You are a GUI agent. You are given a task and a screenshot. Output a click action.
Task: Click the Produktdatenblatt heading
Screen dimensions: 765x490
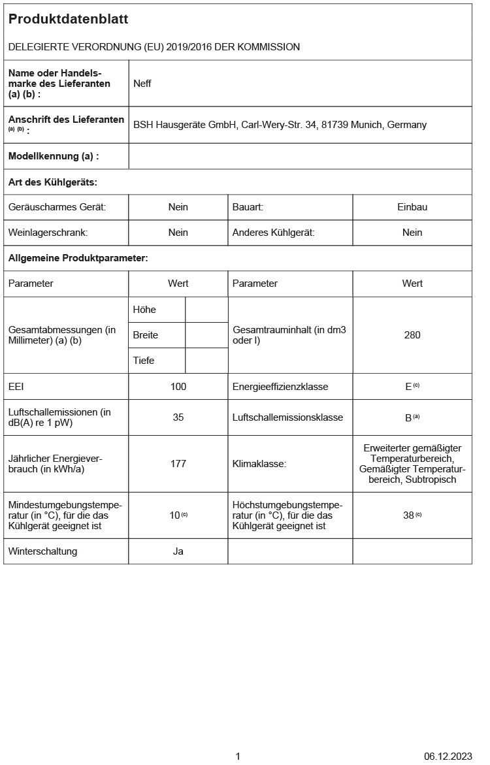coord(68,20)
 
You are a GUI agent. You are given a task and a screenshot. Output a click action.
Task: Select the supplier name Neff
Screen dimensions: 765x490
coord(142,84)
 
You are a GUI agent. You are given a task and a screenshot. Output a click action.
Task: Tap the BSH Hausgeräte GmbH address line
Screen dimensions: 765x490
coord(280,125)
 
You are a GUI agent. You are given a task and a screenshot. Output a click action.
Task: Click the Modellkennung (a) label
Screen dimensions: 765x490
coord(54,156)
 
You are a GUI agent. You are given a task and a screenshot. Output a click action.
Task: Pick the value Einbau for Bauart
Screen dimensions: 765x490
coord(412,207)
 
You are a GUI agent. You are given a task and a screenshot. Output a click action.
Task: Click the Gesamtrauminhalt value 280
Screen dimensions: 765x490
coord(412,335)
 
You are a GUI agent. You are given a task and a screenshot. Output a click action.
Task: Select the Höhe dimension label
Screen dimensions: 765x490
coord(144,310)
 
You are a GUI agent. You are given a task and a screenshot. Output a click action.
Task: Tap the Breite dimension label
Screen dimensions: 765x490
coord(146,335)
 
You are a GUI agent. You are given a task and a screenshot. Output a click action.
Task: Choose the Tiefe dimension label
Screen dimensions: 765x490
coord(144,361)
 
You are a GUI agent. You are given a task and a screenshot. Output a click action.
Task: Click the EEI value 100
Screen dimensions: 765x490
coord(178,387)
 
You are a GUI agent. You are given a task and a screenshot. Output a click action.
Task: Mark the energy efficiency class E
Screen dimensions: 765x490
coord(409,387)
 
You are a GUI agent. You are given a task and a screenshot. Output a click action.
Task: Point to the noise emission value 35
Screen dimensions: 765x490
coord(178,417)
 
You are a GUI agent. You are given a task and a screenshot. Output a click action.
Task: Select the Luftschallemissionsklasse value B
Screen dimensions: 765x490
coord(409,417)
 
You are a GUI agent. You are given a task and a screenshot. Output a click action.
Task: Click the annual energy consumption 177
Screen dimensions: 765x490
coord(178,464)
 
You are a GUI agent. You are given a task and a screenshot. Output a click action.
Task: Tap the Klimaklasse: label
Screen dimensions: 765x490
coord(259,464)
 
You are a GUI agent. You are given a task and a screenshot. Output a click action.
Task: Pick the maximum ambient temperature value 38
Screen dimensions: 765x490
coord(409,515)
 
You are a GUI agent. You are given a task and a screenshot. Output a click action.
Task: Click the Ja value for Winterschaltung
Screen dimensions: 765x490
coord(178,551)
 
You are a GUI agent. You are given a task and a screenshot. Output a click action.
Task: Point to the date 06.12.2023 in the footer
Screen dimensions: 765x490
coord(448,757)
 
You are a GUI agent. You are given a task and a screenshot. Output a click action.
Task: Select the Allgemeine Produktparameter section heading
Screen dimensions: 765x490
coord(78,258)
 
